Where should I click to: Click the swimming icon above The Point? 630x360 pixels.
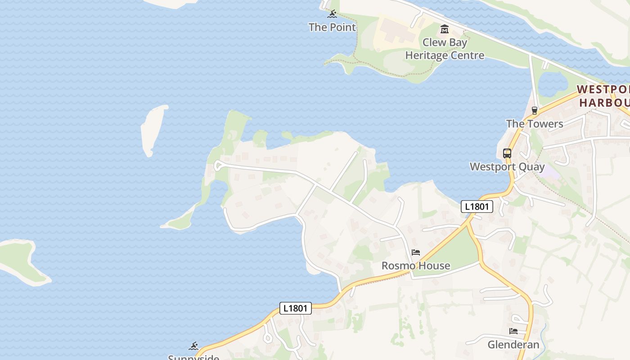pyautogui.click(x=332, y=14)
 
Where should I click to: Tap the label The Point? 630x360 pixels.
pyautogui.click(x=332, y=27)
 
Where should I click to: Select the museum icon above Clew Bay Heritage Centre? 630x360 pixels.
pyautogui.click(x=445, y=29)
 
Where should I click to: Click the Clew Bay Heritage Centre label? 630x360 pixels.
pyautogui.click(x=445, y=49)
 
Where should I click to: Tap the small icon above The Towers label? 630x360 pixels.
pyautogui.click(x=535, y=110)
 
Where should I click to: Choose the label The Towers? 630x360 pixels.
pyautogui.click(x=535, y=124)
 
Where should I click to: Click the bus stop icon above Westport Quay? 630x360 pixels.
pyautogui.click(x=507, y=153)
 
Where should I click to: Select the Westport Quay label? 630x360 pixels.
pyautogui.click(x=507, y=167)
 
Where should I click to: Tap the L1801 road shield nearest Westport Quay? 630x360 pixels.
pyautogui.click(x=477, y=207)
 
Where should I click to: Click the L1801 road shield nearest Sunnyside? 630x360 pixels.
pyautogui.click(x=296, y=308)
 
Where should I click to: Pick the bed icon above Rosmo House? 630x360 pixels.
pyautogui.click(x=416, y=252)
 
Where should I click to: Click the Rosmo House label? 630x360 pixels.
pyautogui.click(x=416, y=265)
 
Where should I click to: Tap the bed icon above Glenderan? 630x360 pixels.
pyautogui.click(x=513, y=331)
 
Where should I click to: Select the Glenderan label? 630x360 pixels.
pyautogui.click(x=513, y=345)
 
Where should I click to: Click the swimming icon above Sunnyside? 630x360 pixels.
pyautogui.click(x=193, y=346)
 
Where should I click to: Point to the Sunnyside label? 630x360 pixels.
pyautogui.click(x=193, y=357)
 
